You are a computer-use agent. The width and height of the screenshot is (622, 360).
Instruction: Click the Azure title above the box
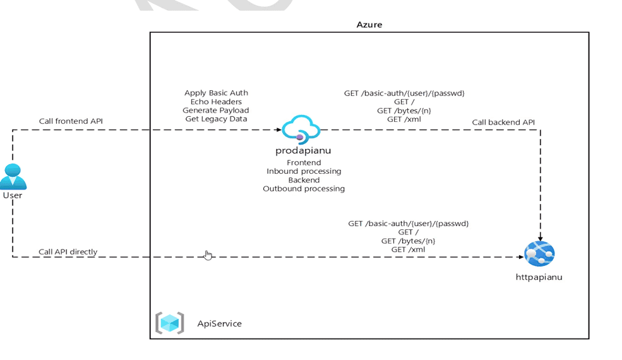[369, 25]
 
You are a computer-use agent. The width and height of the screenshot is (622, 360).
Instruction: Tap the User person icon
[13, 176]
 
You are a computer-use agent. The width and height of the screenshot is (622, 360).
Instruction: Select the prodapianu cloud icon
[301, 130]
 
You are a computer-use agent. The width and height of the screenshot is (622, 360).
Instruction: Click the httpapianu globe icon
[539, 254]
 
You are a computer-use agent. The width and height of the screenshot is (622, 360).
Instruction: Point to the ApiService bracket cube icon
[170, 323]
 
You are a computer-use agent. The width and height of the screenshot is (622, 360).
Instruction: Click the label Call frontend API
[70, 121]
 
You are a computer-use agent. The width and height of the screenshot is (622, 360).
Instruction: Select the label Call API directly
[68, 251]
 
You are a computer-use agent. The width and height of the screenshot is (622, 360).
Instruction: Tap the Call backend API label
[504, 122]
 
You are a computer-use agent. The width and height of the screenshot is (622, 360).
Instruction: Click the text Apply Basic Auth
[216, 93]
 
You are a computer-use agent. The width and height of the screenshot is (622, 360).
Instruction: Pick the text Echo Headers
[216, 102]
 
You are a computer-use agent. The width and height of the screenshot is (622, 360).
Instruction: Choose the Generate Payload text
[216, 110]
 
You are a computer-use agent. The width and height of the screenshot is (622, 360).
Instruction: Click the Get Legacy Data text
[216, 119]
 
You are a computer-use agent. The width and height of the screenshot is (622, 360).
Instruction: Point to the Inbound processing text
[304, 171]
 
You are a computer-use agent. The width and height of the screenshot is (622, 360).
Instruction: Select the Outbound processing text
[304, 188]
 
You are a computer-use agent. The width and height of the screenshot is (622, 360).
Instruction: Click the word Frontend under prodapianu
[304, 162]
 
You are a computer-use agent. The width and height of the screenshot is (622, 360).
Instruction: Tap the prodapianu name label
[304, 151]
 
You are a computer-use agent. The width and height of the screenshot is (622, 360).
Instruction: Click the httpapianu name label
[539, 277]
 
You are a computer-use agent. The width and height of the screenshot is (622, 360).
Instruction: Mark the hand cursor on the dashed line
[208, 255]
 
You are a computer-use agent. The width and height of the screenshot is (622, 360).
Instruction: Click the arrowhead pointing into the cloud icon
[278, 130]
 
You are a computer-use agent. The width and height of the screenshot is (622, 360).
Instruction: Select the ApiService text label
[219, 323]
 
